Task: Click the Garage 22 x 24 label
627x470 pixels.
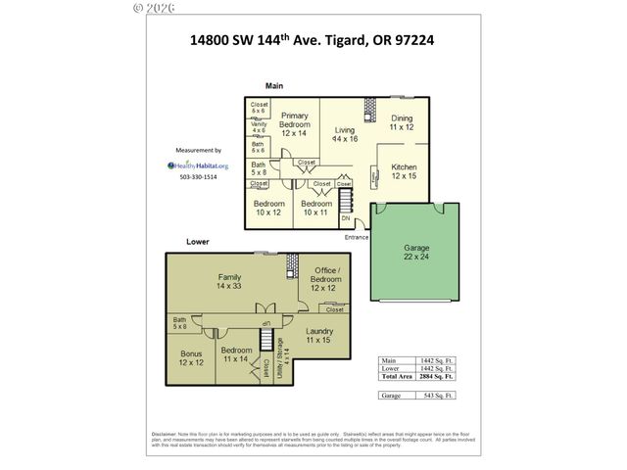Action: click(415, 252)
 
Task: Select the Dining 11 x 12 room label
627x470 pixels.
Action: click(402, 122)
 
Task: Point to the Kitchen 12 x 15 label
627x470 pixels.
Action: click(404, 171)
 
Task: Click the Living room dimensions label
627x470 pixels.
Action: click(344, 134)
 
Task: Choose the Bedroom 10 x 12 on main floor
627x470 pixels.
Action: click(268, 208)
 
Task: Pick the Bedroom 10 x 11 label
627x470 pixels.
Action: click(316, 208)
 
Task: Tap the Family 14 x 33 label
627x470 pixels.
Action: click(229, 282)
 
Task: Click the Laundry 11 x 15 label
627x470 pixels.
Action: click(319, 336)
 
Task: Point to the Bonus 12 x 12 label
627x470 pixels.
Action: click(191, 358)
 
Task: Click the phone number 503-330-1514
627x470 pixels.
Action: click(198, 177)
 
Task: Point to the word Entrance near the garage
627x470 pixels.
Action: click(356, 236)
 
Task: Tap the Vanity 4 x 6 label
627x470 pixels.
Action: click(258, 126)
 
